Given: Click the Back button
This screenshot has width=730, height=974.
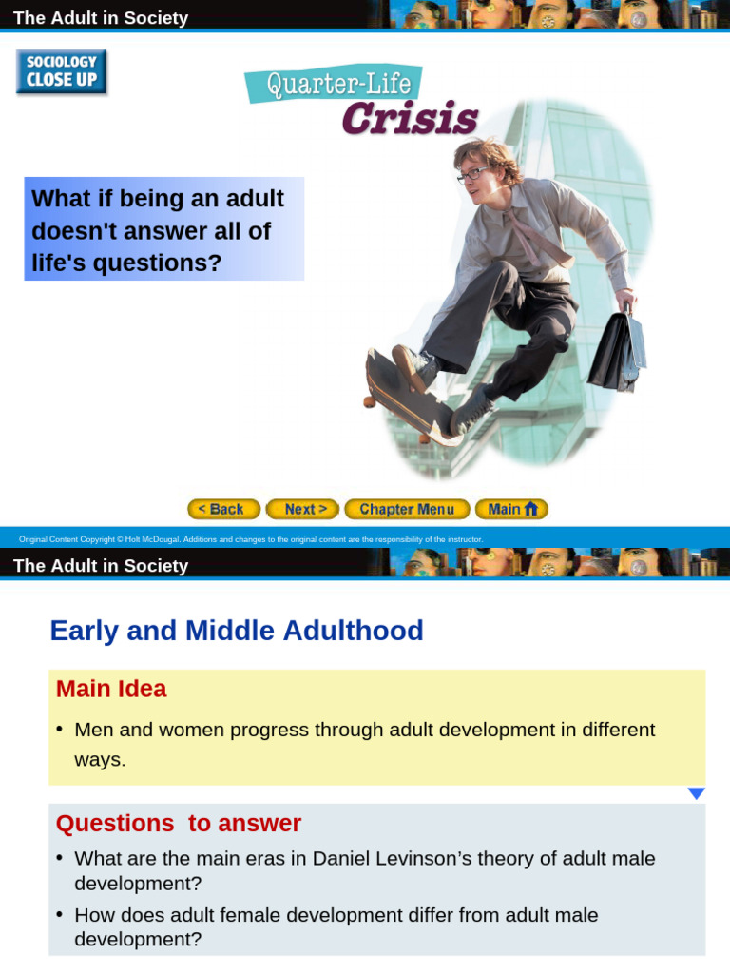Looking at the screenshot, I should (x=223, y=510).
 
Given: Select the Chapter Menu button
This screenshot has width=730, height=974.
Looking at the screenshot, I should (x=407, y=510).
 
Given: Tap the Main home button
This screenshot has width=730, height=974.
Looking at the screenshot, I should (x=511, y=510).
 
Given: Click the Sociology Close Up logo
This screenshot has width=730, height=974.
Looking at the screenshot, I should (x=62, y=71).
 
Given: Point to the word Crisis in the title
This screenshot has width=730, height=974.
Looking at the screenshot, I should (x=410, y=120).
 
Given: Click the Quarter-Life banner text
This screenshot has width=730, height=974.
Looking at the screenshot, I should (x=333, y=86).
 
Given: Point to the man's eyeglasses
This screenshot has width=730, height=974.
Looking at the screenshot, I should (x=472, y=175).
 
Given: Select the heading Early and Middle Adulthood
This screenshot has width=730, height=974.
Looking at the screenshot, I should (x=237, y=631).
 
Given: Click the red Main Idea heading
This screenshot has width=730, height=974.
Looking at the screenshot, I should (x=111, y=689).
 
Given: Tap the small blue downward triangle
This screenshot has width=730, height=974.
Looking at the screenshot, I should (x=696, y=793).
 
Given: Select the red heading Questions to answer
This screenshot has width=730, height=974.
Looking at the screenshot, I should (x=179, y=823).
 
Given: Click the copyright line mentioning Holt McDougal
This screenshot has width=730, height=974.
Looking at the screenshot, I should (x=251, y=539).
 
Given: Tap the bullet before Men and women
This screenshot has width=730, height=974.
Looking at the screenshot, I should (x=60, y=729).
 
